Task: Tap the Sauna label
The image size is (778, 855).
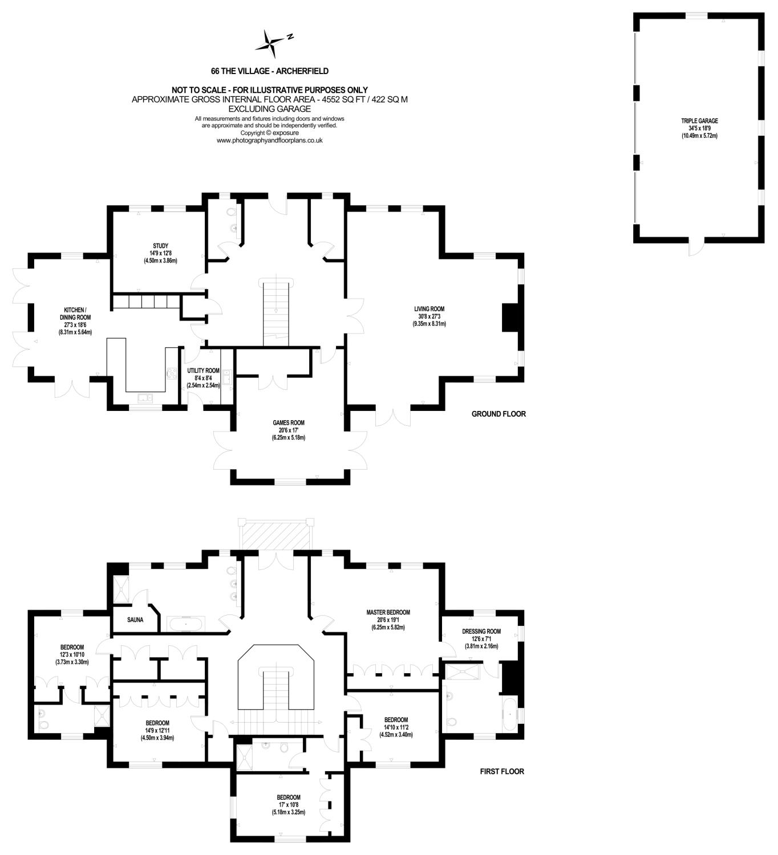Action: (x=135, y=620)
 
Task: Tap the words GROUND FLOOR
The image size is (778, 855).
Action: (x=499, y=414)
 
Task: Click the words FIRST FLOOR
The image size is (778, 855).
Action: (x=501, y=771)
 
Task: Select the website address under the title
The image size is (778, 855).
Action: (x=270, y=140)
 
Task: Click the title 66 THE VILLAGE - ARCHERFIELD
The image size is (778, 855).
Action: (x=270, y=71)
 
